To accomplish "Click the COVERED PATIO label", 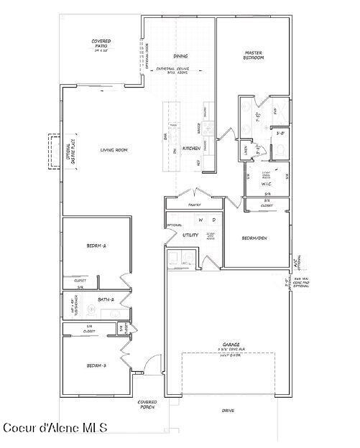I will click(101, 45).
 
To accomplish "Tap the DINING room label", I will click(180, 55).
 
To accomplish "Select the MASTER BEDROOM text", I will click(254, 55).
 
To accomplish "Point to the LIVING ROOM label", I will click(114, 149).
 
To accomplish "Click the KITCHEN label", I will click(190, 149).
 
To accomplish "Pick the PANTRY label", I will click(194, 205).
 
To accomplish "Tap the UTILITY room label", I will click(190, 235).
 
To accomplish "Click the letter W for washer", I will click(201, 220).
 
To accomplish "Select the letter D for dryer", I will click(213, 220).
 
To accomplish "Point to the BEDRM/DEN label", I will click(254, 238).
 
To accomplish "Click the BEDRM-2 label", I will click(96, 246).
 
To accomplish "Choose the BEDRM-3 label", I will click(96, 365).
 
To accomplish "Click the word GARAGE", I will click(231, 345).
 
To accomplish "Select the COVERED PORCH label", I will click(147, 404).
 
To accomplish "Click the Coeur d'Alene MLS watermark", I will click(55, 428).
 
